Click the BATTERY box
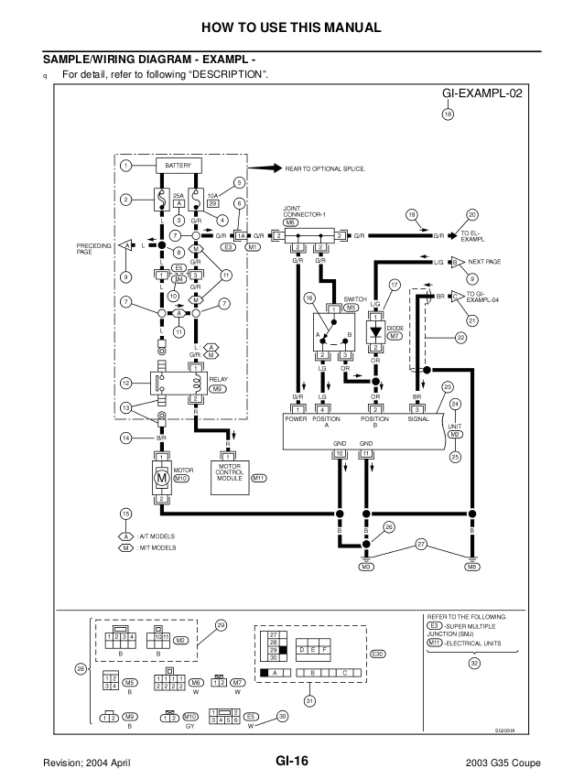(x=178, y=166)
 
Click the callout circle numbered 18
(x=447, y=114)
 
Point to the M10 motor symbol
(x=160, y=477)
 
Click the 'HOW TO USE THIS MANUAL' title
(x=291, y=27)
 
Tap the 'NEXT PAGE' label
(x=484, y=262)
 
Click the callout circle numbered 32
(x=473, y=663)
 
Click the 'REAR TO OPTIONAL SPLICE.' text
(x=326, y=169)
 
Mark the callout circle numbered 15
(x=125, y=513)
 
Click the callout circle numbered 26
(x=389, y=527)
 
